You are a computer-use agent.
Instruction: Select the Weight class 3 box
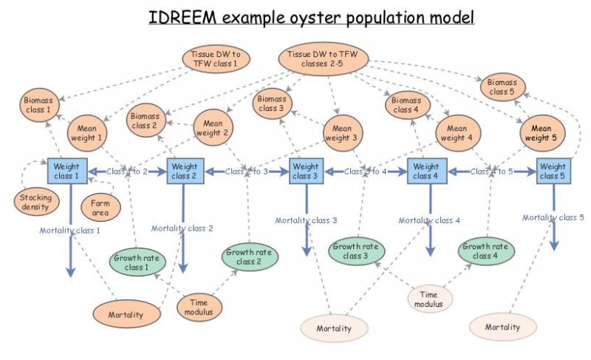click(x=306, y=171)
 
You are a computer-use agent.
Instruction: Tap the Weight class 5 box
click(x=551, y=171)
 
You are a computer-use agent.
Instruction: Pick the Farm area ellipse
click(x=100, y=207)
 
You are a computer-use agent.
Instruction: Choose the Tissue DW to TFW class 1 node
click(x=215, y=59)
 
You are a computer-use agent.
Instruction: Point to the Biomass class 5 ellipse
click(x=502, y=86)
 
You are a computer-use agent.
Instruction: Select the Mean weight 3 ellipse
click(x=341, y=132)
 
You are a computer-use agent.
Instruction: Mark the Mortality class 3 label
click(x=306, y=220)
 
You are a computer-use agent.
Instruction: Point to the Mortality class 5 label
click(x=553, y=217)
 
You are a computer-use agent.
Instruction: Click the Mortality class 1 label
click(x=69, y=231)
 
